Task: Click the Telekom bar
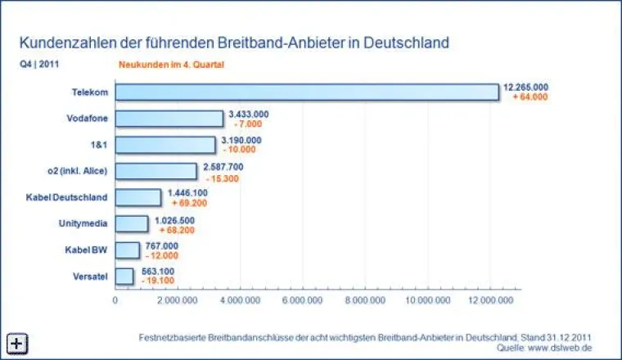[307, 92]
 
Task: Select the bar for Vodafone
[169, 119]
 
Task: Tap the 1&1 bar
[165, 145]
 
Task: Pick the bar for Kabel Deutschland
[138, 197]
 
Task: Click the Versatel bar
[124, 277]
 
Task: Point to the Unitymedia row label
[83, 223]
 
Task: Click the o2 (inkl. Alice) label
[78, 171]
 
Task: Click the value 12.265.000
[526, 87]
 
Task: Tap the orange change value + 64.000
[530, 97]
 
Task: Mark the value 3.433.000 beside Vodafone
[249, 114]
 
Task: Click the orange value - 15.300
[223, 177]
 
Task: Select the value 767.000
[163, 245]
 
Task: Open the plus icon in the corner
[16, 344]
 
